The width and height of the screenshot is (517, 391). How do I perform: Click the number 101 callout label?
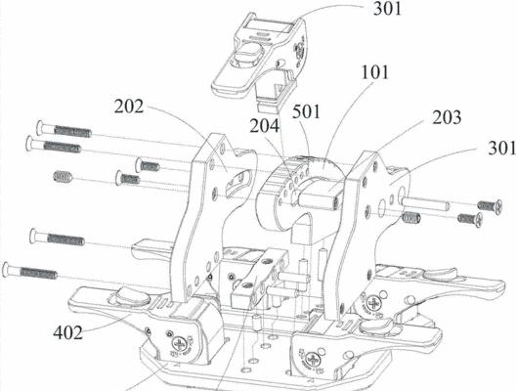(x=375, y=72)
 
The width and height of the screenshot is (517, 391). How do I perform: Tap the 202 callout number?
(x=129, y=107)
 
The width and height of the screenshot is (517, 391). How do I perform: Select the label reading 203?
(x=447, y=117)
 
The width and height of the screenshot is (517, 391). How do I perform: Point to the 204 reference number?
(x=264, y=125)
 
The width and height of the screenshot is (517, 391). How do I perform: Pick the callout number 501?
(x=306, y=111)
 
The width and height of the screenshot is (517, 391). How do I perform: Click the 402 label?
(x=67, y=332)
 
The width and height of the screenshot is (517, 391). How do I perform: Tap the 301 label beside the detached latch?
(x=388, y=8)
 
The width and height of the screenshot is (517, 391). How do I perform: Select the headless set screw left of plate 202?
(x=63, y=176)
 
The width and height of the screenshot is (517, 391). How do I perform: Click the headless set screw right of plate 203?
(x=411, y=218)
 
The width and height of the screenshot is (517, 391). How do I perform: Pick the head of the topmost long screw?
(x=40, y=128)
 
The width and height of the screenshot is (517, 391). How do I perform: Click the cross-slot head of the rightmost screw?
(x=498, y=206)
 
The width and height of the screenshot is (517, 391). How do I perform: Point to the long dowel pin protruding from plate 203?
(x=425, y=202)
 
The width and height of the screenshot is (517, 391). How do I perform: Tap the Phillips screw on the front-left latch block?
(x=180, y=344)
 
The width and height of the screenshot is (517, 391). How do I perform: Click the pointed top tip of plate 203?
(x=366, y=152)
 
